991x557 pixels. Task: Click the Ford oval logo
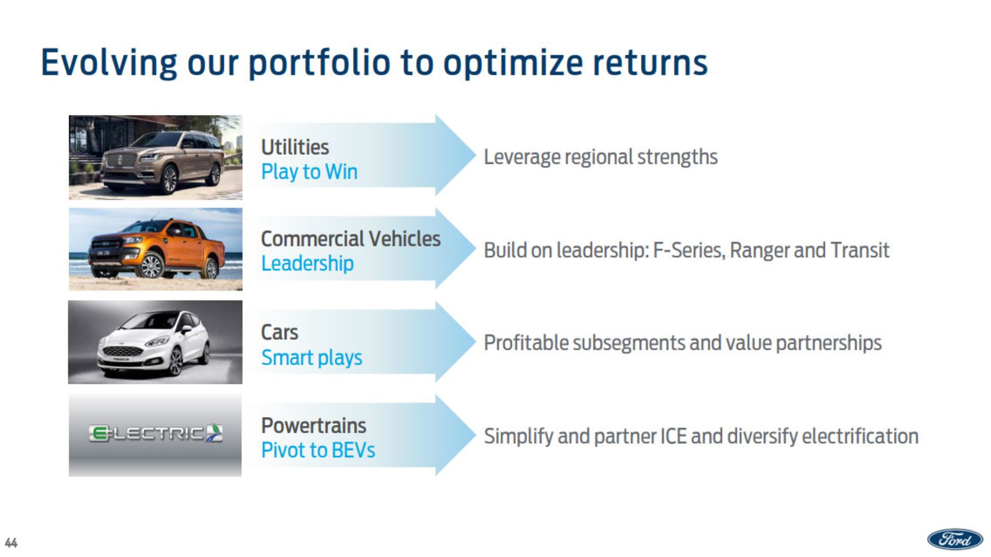pos(955,540)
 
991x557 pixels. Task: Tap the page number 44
pos(11,543)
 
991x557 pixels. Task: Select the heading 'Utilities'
pos(295,147)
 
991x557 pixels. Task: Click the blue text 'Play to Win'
pos(309,172)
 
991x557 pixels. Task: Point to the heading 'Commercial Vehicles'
pos(350,239)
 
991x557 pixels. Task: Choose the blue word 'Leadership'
pos(307,264)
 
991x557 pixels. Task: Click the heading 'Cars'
pos(279,332)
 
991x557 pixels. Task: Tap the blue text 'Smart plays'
pos(312,358)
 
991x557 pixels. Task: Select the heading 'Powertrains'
pos(313,426)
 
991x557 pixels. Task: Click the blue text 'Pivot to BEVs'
pos(318,450)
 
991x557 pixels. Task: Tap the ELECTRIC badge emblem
pos(155,434)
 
